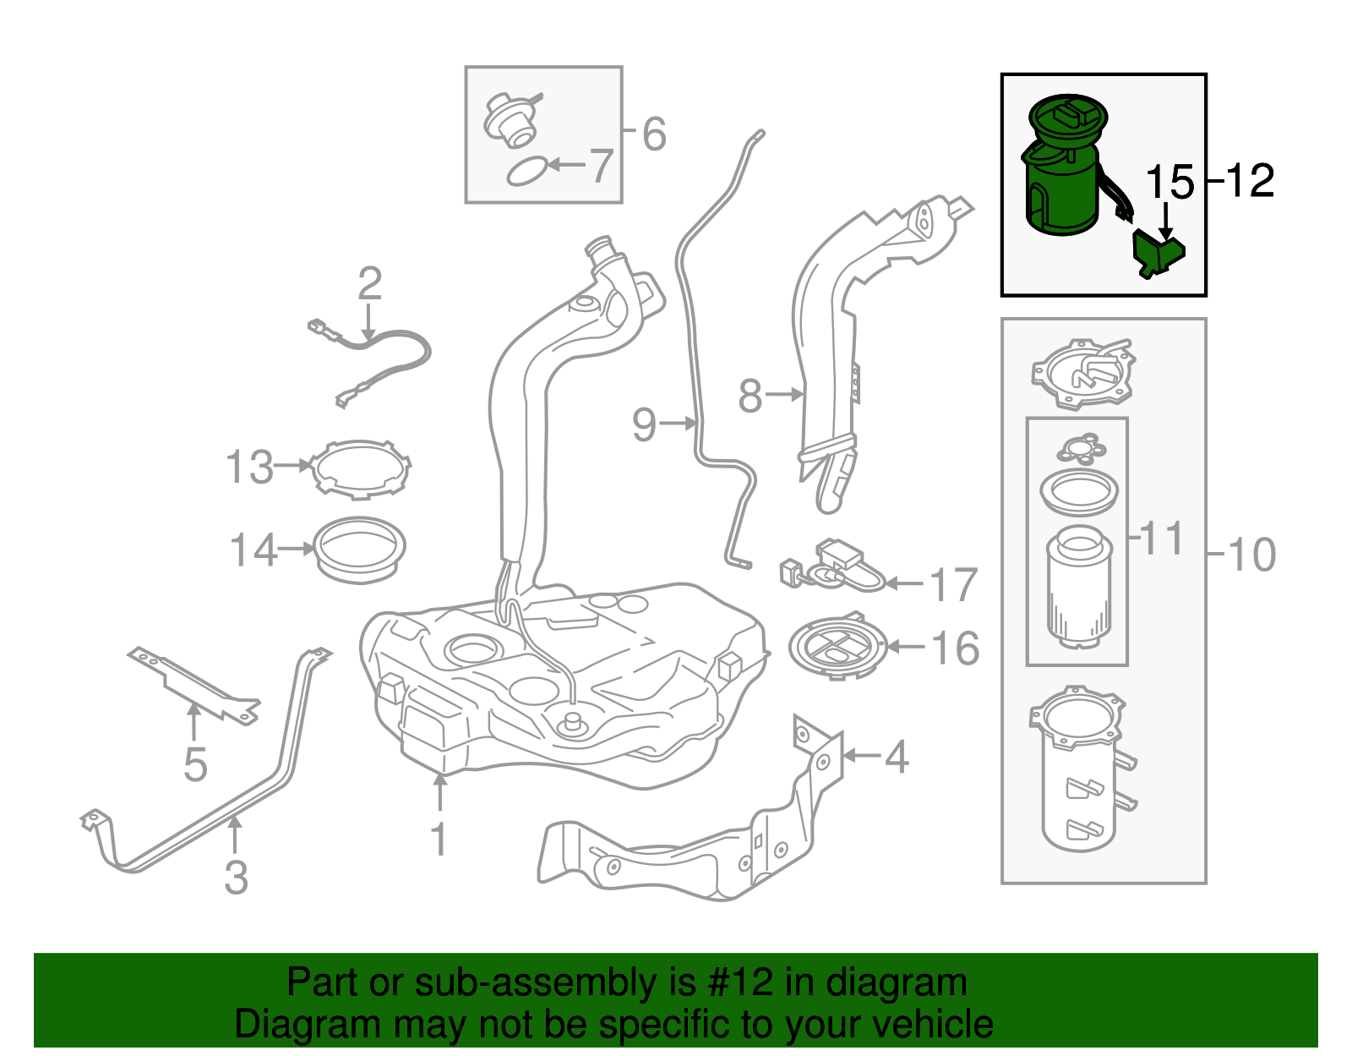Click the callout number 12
click(x=1249, y=181)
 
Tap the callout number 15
click(x=1169, y=183)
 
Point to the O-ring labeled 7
click(x=526, y=172)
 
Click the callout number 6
click(x=654, y=134)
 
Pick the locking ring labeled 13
click(x=361, y=468)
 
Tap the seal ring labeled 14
click(x=360, y=550)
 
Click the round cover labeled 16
click(x=838, y=648)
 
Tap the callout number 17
click(x=953, y=584)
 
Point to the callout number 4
click(x=897, y=756)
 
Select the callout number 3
click(x=237, y=877)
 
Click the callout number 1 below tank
click(x=439, y=839)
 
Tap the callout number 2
click(x=369, y=284)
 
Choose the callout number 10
click(x=1251, y=555)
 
